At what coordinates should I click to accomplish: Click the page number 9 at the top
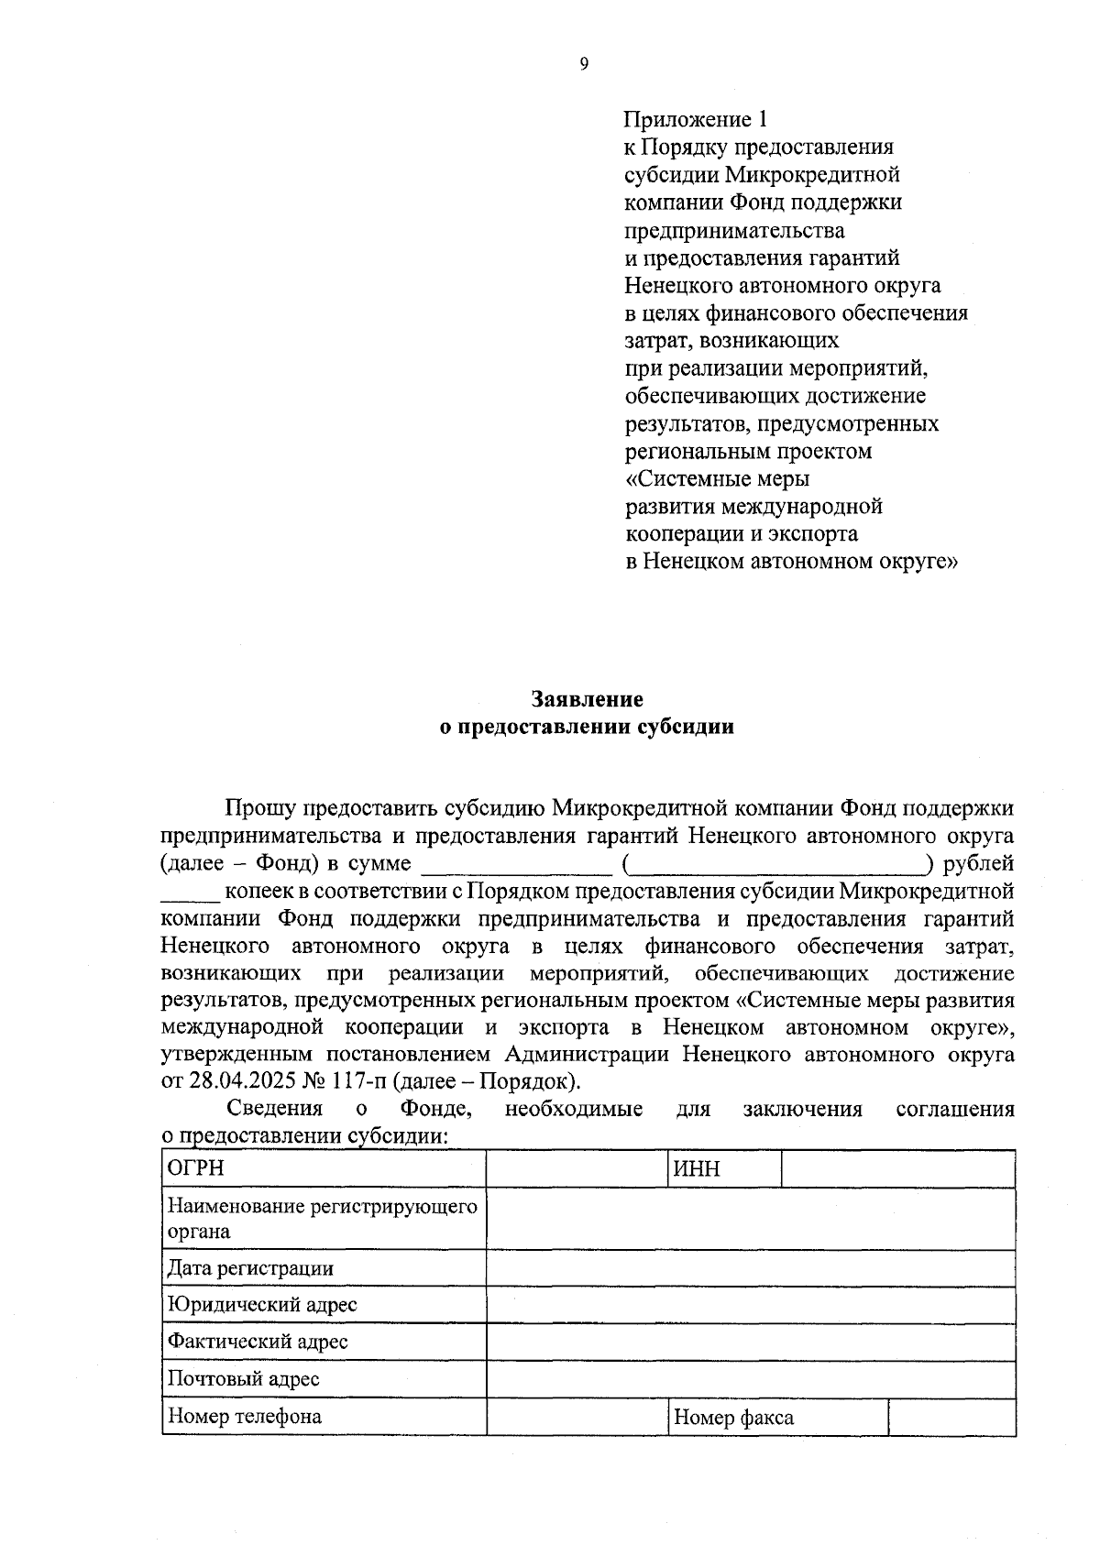584,63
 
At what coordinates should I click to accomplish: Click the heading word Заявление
588,699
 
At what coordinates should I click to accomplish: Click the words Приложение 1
694,119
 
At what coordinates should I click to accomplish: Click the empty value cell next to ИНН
897,1168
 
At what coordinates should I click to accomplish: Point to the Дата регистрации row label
250,1268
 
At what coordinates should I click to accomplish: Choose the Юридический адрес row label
261,1304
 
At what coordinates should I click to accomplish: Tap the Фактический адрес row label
258,1342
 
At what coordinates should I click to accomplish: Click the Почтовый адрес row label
243,1378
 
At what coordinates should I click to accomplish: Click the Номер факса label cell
733,1418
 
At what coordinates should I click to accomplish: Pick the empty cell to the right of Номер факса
951,1417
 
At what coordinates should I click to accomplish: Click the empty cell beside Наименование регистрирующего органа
750,1218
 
